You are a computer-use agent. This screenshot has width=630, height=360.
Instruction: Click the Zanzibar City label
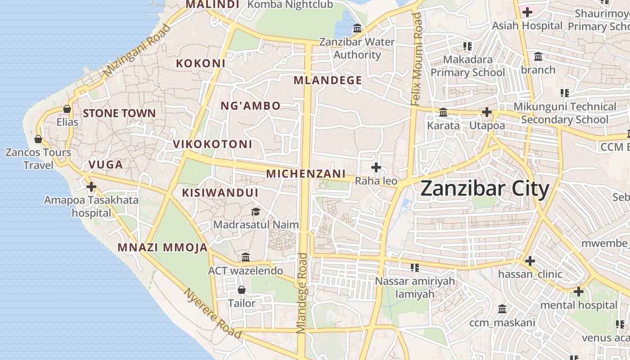click(x=485, y=189)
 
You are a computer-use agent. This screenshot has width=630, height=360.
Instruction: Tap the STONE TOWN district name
click(x=119, y=113)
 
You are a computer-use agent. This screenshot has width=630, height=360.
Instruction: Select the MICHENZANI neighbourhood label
click(x=306, y=174)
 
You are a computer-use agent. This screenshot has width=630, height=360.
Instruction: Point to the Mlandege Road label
click(x=302, y=292)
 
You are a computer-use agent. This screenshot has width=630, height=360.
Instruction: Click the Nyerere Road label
click(x=213, y=313)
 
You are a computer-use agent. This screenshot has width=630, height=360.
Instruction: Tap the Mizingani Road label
click(x=137, y=50)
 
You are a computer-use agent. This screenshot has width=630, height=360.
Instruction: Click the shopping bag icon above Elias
click(x=67, y=109)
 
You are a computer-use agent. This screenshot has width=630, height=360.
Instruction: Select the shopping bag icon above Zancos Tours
click(x=38, y=139)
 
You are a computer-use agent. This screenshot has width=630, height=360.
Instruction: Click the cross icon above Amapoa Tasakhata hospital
click(x=91, y=186)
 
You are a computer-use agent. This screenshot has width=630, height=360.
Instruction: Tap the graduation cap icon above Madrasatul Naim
click(x=256, y=211)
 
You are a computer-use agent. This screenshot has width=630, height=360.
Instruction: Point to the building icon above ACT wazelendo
click(x=246, y=257)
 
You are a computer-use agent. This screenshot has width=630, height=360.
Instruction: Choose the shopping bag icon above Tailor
click(x=242, y=290)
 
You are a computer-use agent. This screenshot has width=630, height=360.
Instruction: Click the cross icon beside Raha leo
click(x=376, y=168)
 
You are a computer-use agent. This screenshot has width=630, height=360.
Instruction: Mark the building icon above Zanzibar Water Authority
click(x=357, y=29)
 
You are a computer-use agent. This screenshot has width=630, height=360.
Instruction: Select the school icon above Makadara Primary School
click(x=468, y=46)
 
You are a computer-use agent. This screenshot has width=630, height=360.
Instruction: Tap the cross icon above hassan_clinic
click(x=530, y=261)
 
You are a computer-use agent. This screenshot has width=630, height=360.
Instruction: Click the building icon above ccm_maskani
click(x=502, y=309)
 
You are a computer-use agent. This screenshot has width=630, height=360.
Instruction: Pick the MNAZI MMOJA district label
click(x=162, y=247)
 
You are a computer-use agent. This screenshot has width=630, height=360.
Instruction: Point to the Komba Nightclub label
click(x=291, y=4)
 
